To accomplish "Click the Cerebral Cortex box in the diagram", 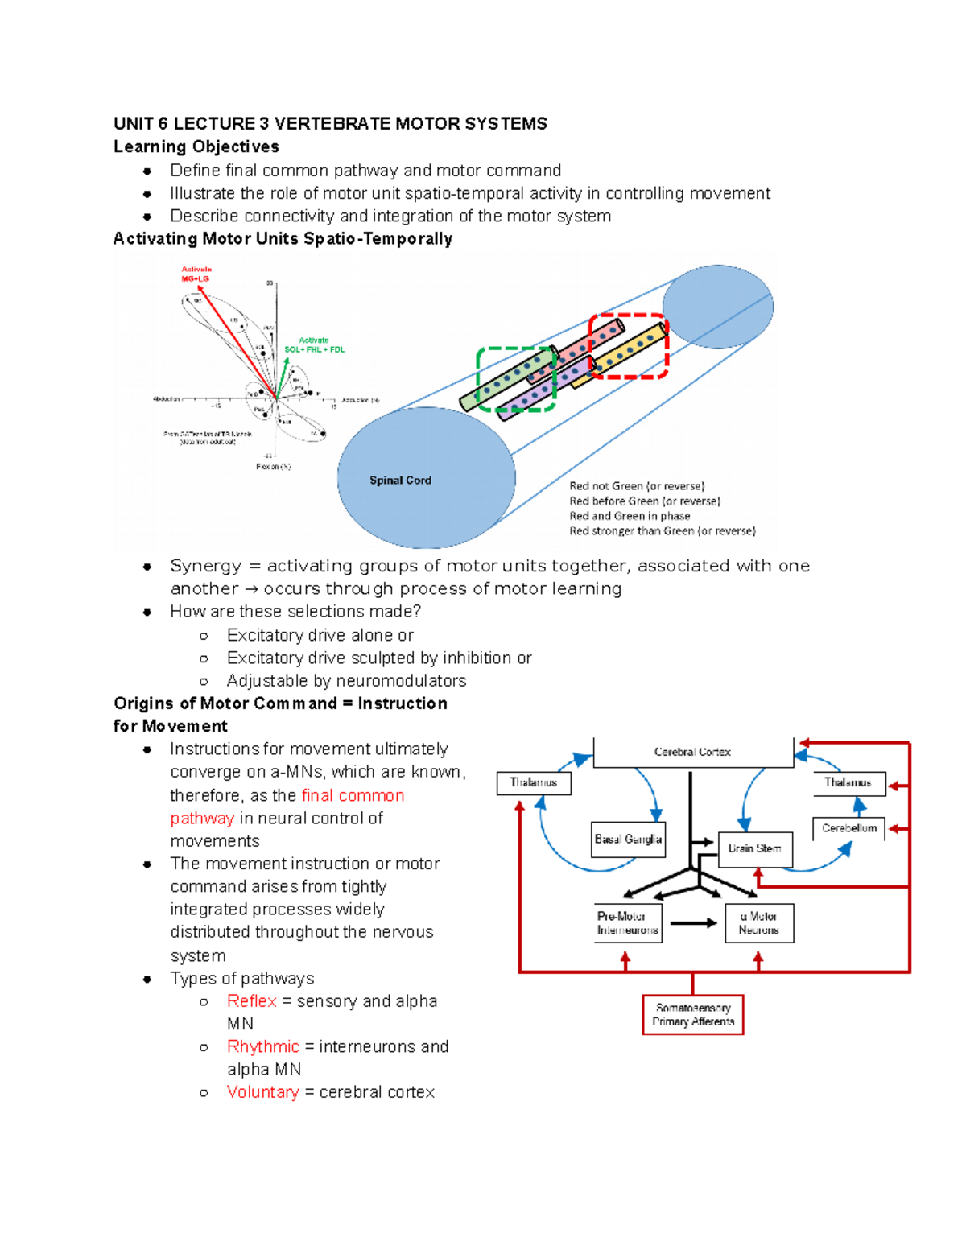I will click(x=692, y=752).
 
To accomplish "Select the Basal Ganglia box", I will click(x=628, y=840).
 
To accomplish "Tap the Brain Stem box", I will click(x=754, y=848).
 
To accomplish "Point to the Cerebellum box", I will click(x=849, y=828).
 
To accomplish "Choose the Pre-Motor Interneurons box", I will click(x=628, y=923).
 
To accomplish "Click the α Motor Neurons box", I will click(x=758, y=923).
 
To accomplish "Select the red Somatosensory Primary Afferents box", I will click(x=692, y=1014).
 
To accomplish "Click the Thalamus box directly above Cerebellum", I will click(x=848, y=782).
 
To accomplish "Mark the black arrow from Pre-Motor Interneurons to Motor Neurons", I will click(x=692, y=923).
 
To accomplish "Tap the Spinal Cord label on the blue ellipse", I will click(x=400, y=481).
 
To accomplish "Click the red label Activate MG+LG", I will click(x=196, y=274).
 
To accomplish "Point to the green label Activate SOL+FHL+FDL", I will click(x=314, y=345).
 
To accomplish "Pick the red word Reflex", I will click(x=251, y=1001).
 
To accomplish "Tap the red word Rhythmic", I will click(x=262, y=1046).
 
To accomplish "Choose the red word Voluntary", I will click(x=262, y=1092).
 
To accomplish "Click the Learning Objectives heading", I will click(x=196, y=146).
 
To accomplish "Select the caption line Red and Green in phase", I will click(x=630, y=516).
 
